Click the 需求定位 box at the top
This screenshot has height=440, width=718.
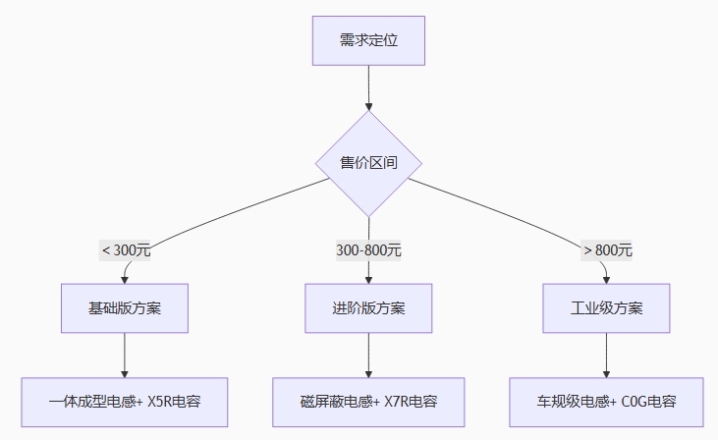(368, 40)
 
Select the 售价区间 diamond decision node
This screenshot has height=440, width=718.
(368, 163)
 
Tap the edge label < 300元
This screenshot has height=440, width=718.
(126, 250)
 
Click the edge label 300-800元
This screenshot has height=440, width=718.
(368, 250)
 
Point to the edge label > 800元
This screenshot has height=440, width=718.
(608, 250)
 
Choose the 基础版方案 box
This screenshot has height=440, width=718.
(125, 308)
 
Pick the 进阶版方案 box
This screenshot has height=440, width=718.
(368, 308)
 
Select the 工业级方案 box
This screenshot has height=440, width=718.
(607, 308)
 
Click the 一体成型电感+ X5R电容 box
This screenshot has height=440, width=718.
(125, 402)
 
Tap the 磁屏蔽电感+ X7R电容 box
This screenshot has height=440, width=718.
(368, 402)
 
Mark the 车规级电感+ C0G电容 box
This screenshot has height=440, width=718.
(607, 402)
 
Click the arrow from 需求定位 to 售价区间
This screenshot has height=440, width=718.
(368, 87)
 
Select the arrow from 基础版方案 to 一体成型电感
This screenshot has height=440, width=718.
(125, 355)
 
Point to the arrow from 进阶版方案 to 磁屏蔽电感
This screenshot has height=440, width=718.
(368, 355)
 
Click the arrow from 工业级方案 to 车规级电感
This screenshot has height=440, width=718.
(607, 355)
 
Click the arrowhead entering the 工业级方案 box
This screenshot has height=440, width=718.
(607, 279)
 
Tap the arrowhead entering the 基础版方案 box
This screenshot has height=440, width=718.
(125, 279)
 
